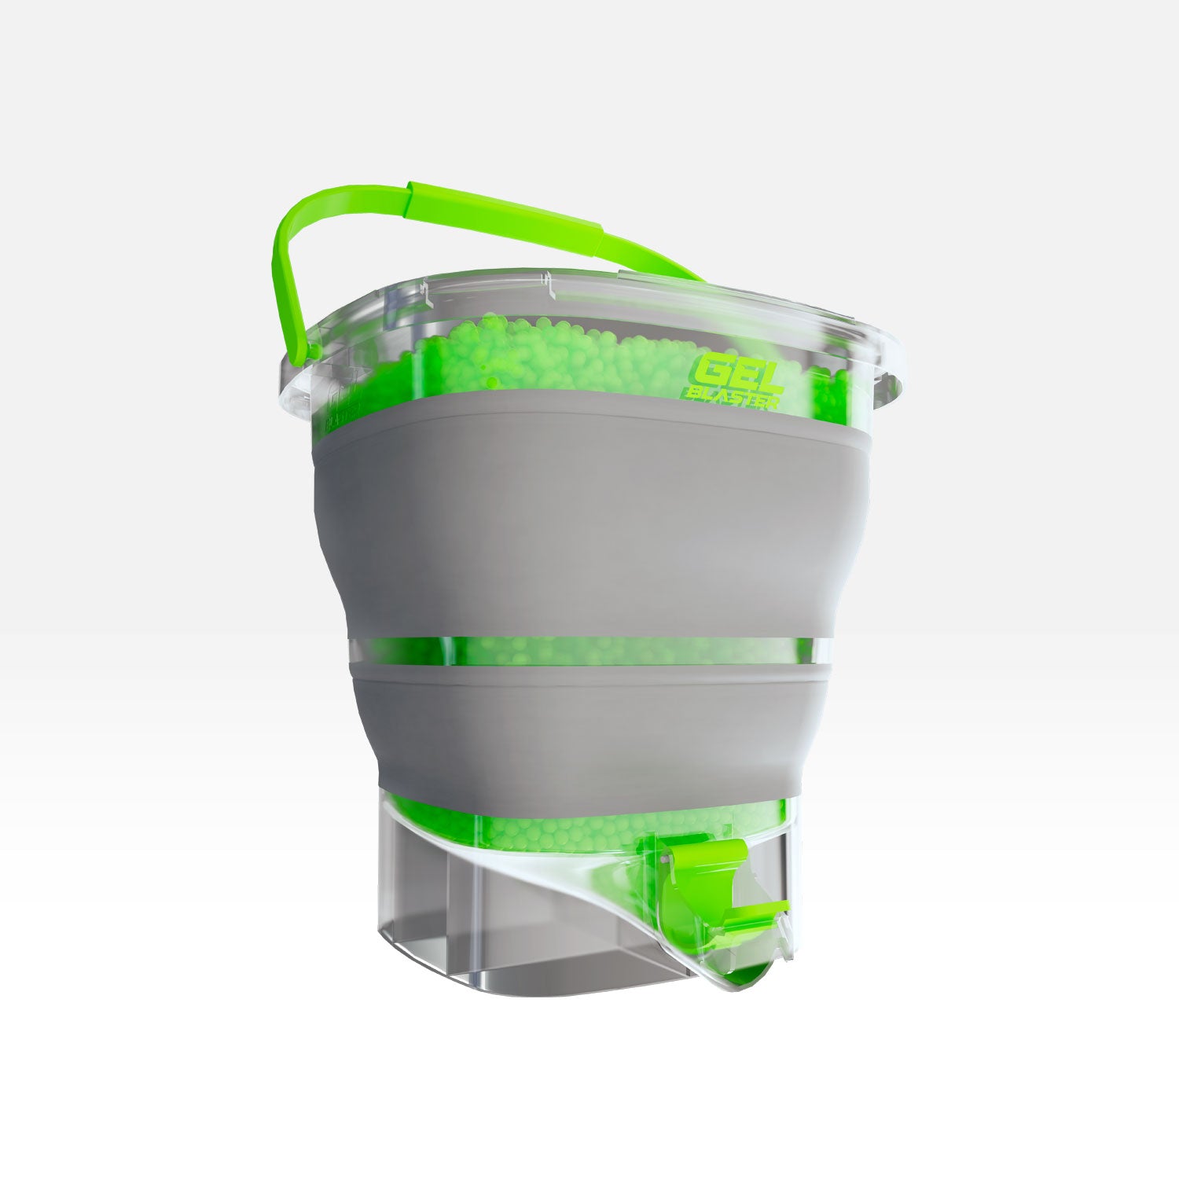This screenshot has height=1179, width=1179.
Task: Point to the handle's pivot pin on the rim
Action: (x=312, y=351)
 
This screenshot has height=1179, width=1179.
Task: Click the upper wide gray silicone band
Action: (x=589, y=511)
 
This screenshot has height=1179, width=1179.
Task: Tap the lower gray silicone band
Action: (x=589, y=723)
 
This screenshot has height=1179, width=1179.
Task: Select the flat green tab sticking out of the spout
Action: (x=755, y=912)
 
